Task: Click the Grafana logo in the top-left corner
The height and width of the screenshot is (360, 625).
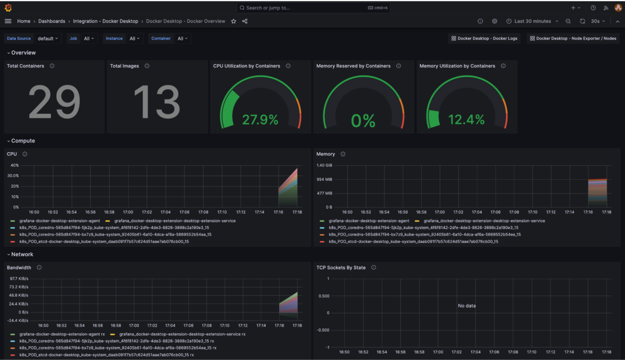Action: pyautogui.click(x=8, y=8)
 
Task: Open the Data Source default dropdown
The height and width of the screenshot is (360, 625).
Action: pyautogui.click(x=48, y=39)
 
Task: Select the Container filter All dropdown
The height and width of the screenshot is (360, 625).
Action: pyautogui.click(x=182, y=39)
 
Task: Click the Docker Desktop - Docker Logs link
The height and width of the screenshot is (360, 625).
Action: pyautogui.click(x=484, y=39)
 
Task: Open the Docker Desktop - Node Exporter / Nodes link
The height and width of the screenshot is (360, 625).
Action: pyautogui.click(x=573, y=39)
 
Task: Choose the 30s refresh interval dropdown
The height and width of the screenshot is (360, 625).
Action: pyautogui.click(x=598, y=21)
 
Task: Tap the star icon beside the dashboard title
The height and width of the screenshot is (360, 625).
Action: pyautogui.click(x=234, y=21)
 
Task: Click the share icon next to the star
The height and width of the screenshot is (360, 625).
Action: pyautogui.click(x=245, y=21)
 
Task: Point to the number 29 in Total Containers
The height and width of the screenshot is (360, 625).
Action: pyautogui.click(x=54, y=102)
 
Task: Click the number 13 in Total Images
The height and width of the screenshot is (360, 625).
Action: pyautogui.click(x=157, y=102)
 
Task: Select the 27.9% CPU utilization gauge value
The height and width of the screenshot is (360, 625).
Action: pyautogui.click(x=260, y=120)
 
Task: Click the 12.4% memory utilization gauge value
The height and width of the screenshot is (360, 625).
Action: pyautogui.click(x=466, y=120)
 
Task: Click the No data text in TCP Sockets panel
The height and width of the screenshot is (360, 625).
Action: pyautogui.click(x=467, y=306)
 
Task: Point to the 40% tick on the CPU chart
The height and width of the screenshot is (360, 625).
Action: pyautogui.click(x=15, y=166)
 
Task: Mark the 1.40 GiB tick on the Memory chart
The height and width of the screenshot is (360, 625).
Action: pyautogui.click(x=324, y=166)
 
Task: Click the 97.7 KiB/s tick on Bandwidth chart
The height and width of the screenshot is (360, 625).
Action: pyautogui.click(x=19, y=279)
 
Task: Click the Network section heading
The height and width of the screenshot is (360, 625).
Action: pyautogui.click(x=22, y=255)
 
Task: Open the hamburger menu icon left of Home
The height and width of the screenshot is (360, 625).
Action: pyautogui.click(x=8, y=21)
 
